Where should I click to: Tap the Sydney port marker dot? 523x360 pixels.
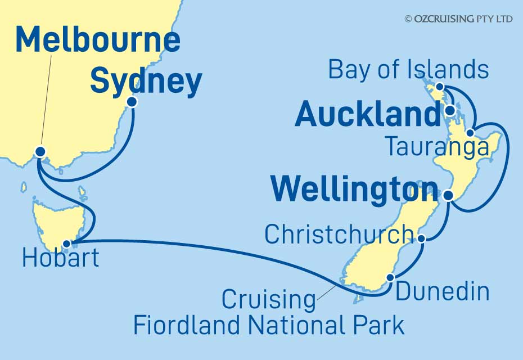(132, 102)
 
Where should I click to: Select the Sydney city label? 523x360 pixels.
(146, 82)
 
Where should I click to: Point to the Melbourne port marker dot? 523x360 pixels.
(40, 151)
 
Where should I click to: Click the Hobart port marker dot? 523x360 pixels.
(67, 244)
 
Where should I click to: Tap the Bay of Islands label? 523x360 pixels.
(408, 70)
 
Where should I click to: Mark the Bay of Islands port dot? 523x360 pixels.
(440, 87)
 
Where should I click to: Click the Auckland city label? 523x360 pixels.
(367, 115)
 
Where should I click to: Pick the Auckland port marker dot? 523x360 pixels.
(450, 110)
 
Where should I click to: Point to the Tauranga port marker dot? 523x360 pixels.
(470, 133)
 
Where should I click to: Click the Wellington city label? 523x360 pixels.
(354, 190)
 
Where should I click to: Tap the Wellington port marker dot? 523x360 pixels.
(448, 195)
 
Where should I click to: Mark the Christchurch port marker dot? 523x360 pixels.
(422, 238)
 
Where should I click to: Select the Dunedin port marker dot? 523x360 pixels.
(390, 277)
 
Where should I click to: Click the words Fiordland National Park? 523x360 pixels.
(268, 325)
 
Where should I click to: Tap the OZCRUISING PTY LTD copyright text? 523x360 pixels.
(458, 19)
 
